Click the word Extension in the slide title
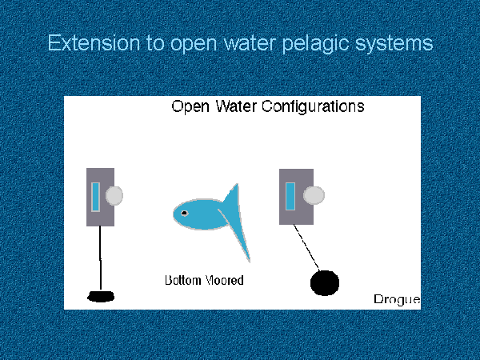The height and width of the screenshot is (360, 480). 94,43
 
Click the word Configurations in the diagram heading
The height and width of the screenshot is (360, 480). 313,107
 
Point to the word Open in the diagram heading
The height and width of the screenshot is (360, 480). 190,107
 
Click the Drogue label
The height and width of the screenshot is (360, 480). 397,299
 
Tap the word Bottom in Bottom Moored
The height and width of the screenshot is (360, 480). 182,280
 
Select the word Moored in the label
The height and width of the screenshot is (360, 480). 224,280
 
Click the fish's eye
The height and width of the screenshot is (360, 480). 184,213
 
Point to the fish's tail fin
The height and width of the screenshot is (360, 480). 236,221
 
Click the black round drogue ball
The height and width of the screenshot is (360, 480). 325,283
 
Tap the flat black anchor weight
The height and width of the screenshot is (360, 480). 101,296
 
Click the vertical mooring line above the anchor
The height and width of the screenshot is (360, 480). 101,258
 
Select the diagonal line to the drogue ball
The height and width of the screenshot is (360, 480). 306,248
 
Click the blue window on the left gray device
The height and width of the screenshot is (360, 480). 95,197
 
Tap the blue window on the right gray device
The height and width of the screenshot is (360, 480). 290,196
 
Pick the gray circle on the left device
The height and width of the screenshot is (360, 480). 114,195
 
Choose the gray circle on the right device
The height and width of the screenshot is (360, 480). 314,195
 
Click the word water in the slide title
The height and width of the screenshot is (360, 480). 250,43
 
